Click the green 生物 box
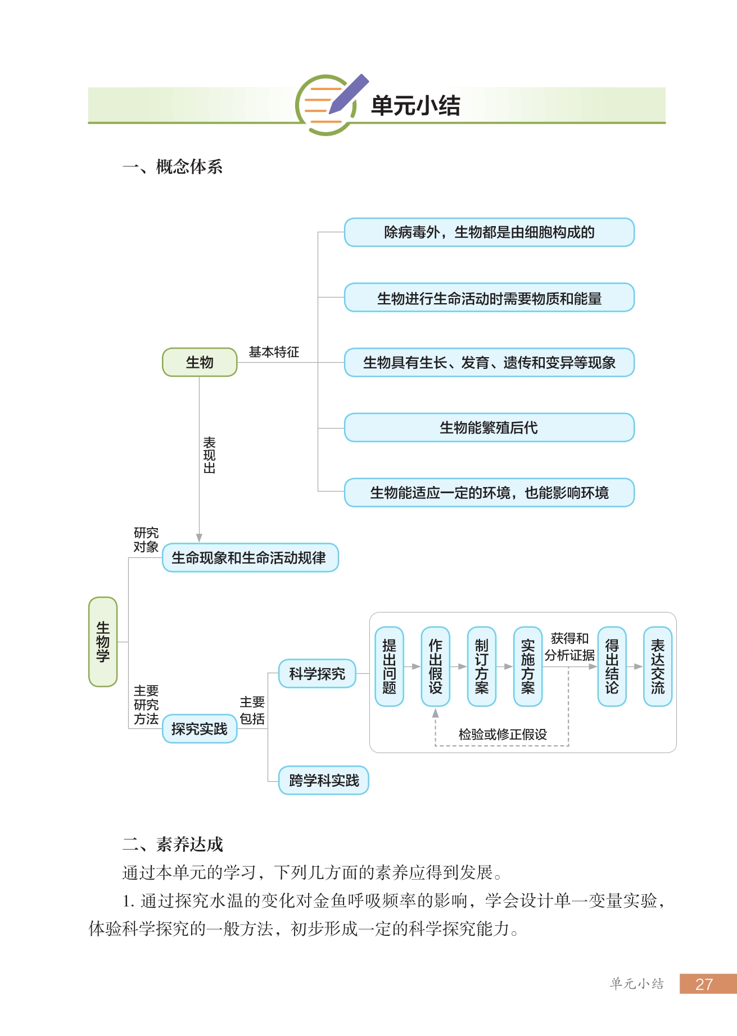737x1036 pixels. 200,362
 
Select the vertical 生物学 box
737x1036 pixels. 103,642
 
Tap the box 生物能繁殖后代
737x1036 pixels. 489,427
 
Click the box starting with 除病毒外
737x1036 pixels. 489,232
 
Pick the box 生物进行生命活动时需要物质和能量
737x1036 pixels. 489,298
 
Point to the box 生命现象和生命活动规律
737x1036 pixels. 250,558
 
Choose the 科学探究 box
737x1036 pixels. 317,673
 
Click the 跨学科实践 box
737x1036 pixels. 323,780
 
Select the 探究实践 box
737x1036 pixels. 200,729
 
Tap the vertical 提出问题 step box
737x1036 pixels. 389,666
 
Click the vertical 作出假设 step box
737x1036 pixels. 435,666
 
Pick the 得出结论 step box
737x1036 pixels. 612,666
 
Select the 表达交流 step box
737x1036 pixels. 657,666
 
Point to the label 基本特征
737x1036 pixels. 274,352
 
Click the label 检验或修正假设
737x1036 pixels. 503,734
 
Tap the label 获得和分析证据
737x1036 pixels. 569,647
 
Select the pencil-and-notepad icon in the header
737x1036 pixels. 329,104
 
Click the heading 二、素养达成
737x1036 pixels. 173,844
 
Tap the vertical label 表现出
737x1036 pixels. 209,455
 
